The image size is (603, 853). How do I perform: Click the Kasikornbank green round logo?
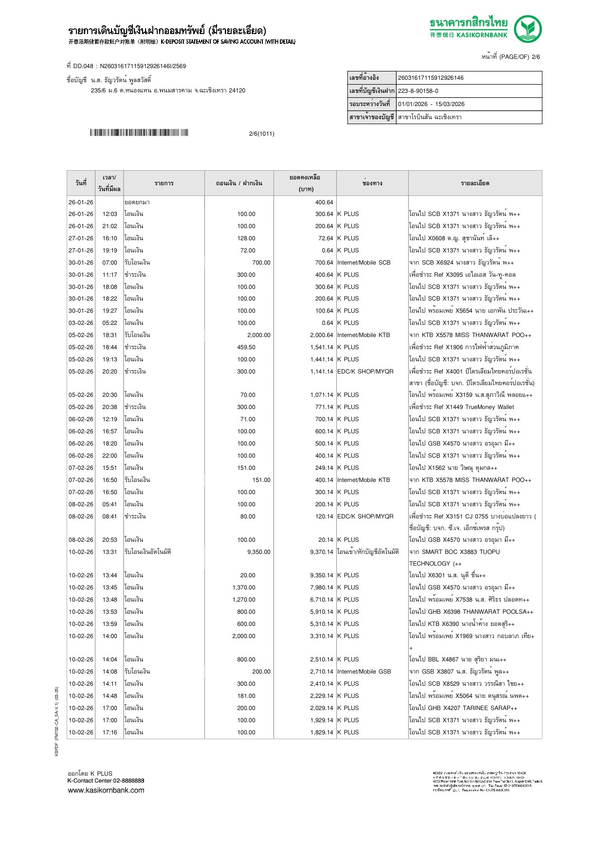pyautogui.click(x=528, y=29)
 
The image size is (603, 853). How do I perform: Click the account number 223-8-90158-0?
pyautogui.click(x=418, y=91)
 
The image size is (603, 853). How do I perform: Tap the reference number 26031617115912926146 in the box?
pyautogui.click(x=431, y=78)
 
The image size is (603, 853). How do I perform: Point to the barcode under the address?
pyautogui.click(x=139, y=133)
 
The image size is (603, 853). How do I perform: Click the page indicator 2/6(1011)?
pyautogui.click(x=261, y=134)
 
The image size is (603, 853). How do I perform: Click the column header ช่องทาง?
pyautogui.click(x=372, y=183)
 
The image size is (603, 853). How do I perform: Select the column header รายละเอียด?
pyautogui.click(x=475, y=183)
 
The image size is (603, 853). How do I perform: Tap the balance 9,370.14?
pyautogui.click(x=321, y=552)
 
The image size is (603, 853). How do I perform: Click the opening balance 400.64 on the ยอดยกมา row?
pyautogui.click(x=324, y=202)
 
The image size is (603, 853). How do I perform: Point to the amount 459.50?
pyautogui.click(x=246, y=347)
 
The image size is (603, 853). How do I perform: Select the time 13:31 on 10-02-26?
pyautogui.click(x=110, y=552)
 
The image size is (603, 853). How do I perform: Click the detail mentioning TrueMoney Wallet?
pyautogui.click(x=461, y=407)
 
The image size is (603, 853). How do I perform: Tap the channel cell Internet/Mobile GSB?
pyautogui.click(x=364, y=672)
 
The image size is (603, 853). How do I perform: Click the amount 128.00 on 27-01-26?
pyautogui.click(x=246, y=238)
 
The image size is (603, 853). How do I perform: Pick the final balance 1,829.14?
pyautogui.click(x=321, y=732)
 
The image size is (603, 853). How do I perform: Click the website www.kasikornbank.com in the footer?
pyautogui.click(x=106, y=790)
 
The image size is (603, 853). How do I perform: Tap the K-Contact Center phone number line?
pyautogui.click(x=106, y=781)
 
